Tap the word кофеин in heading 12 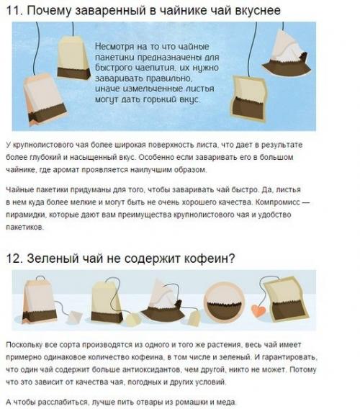pos(198,256)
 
